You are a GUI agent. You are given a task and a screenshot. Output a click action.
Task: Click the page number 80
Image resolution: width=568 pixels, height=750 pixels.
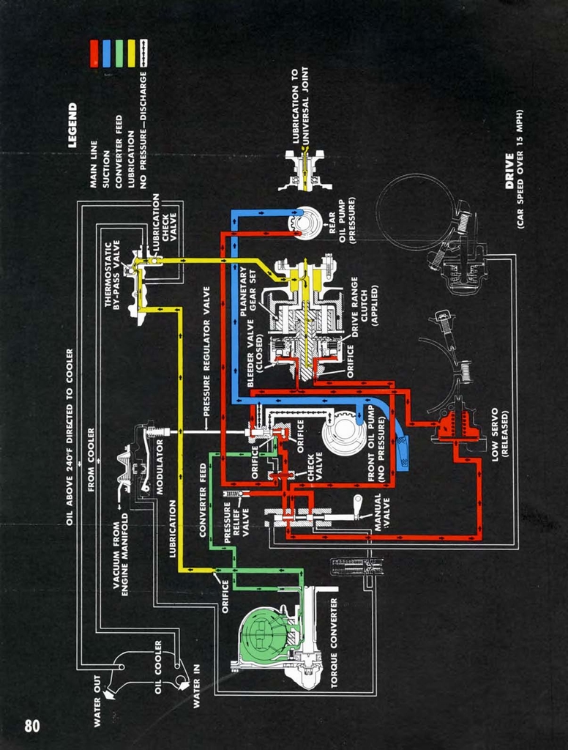coord(32,725)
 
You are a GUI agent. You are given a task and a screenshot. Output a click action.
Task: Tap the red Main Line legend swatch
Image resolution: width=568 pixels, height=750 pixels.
coord(94,53)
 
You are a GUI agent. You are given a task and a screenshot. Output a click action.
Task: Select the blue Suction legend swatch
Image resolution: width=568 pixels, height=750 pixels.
coord(106,53)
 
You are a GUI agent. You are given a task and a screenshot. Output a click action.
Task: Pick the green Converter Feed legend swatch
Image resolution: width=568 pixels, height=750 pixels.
coord(119,53)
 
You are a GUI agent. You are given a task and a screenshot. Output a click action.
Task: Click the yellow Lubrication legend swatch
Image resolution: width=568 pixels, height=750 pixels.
coord(132,53)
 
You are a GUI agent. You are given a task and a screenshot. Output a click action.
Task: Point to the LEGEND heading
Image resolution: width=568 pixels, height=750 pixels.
coord(72,125)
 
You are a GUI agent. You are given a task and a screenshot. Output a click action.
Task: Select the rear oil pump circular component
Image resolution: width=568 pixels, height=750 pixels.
coord(307,223)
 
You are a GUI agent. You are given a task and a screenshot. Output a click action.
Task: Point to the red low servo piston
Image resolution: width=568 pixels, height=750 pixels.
coord(458,425)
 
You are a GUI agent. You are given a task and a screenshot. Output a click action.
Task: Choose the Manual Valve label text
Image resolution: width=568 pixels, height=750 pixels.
coord(382,513)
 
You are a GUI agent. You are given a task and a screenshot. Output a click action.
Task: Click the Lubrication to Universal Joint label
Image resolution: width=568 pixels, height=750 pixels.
coord(299,106)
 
